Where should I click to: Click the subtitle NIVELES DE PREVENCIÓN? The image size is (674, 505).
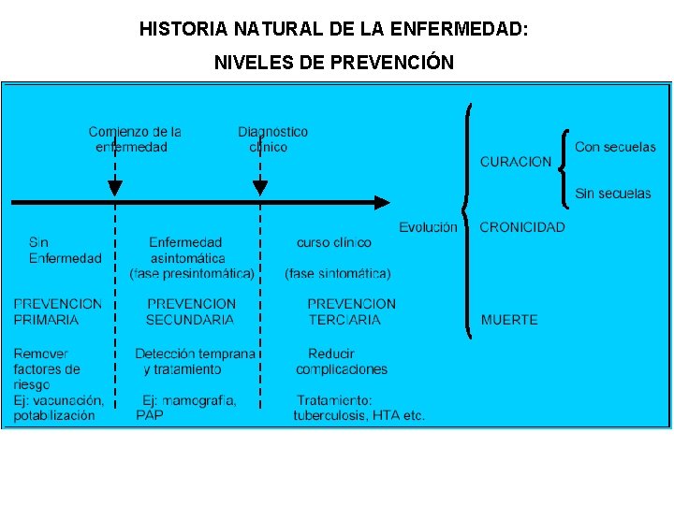(334, 63)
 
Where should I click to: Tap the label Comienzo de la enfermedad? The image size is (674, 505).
(134, 139)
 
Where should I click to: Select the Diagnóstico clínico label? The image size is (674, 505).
(271, 139)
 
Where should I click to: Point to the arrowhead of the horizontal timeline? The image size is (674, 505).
(382, 202)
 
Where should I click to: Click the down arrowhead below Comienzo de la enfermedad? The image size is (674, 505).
(115, 188)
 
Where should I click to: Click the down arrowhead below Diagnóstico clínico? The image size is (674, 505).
(260, 188)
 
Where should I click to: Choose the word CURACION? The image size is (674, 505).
(516, 162)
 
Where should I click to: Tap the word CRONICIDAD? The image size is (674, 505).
(522, 227)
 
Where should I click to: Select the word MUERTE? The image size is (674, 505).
(509, 320)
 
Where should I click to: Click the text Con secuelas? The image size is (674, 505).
(615, 147)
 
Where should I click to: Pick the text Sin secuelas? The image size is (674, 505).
(613, 194)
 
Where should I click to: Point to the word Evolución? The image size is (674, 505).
(429, 227)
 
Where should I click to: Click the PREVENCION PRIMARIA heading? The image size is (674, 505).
(58, 311)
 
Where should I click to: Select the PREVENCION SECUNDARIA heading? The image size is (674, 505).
(191, 311)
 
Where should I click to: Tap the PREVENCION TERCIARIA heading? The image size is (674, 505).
(351, 311)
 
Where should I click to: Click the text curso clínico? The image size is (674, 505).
(334, 242)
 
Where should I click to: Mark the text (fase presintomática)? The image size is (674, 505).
(192, 274)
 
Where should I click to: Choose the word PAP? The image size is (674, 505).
(150, 415)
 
